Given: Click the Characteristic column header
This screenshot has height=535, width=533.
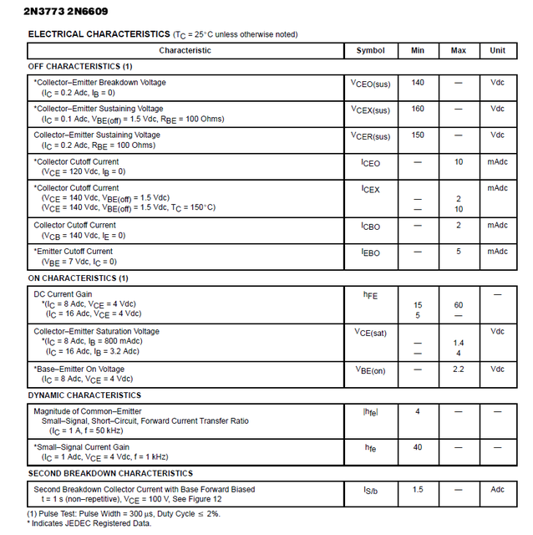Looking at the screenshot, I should [185, 50].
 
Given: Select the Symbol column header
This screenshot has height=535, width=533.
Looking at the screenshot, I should [370, 50].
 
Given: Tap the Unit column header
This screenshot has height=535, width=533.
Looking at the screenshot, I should [497, 50].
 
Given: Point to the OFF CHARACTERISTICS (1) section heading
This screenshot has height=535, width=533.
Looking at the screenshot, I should [80, 66].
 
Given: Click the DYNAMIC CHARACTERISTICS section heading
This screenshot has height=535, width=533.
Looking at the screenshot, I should [84, 395].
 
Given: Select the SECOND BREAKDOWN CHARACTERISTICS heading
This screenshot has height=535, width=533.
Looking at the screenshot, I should [110, 473].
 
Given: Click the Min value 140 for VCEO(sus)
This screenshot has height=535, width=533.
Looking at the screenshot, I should [418, 83].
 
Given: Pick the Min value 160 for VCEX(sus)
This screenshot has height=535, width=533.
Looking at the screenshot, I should [418, 109].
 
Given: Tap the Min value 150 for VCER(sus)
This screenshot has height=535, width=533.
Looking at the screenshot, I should [418, 135].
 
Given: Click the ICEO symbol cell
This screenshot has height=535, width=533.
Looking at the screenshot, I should [370, 163].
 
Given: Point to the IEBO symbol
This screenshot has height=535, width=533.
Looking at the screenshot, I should [370, 252].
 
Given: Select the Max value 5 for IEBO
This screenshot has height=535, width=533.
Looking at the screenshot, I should [459, 252].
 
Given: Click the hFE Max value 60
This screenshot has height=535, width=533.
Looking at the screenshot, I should [459, 305].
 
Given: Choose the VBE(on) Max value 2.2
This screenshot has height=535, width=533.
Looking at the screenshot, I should [459, 369].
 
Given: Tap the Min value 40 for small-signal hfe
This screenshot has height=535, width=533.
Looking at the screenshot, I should [418, 447].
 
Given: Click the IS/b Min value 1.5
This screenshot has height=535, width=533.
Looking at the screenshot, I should [418, 489].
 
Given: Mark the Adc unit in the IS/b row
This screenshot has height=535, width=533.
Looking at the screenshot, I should [497, 489].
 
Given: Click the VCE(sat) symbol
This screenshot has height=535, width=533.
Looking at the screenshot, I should [370, 332].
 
